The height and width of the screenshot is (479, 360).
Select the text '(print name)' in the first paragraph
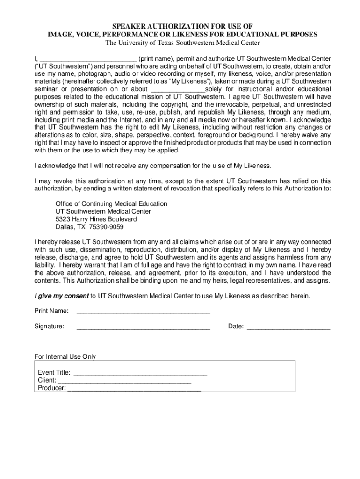coord(157,59)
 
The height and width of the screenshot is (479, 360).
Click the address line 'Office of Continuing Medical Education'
coord(111,204)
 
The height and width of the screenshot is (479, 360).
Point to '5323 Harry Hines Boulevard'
coord(96,219)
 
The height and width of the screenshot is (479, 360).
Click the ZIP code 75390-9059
coord(108,227)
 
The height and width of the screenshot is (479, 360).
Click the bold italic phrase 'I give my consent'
coord(62,296)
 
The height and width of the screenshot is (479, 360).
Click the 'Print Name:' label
coord(51,311)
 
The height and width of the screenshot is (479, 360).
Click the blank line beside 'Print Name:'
coord(143,312)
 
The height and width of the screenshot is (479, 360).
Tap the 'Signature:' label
coord(50,327)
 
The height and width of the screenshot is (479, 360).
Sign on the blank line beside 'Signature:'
coord(143,327)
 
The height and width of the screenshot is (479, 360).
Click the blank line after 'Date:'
coord(288,327)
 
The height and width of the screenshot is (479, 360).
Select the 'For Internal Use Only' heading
coord(65,356)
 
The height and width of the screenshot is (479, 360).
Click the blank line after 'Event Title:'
coord(140,374)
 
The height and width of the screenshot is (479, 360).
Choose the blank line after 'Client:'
coord(124,381)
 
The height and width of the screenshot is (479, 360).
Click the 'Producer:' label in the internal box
coord(52,388)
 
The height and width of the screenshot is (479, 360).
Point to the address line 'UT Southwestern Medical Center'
coord(103,211)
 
